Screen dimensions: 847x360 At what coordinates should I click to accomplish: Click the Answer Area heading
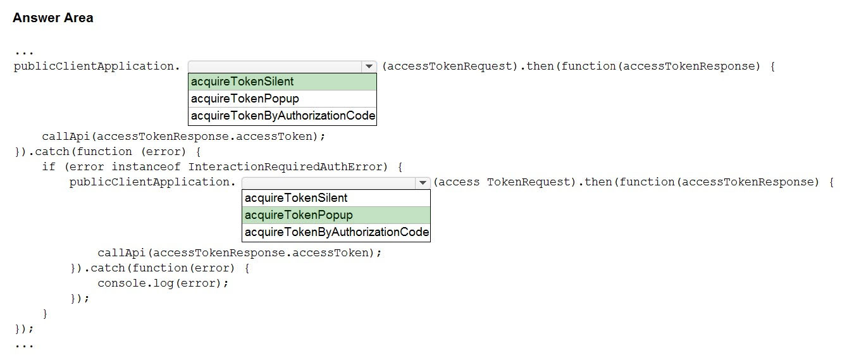pyautogui.click(x=53, y=18)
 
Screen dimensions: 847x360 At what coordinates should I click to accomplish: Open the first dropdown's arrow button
pyautogui.click(x=369, y=66)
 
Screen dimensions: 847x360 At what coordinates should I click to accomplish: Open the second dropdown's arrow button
pyautogui.click(x=423, y=183)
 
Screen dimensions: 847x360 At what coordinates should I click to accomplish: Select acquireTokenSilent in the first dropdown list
pyautogui.click(x=242, y=82)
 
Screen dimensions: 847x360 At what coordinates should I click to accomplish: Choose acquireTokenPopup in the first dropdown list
pyautogui.click(x=245, y=99)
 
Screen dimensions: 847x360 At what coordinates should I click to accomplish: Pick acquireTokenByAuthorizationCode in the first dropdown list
pyautogui.click(x=283, y=116)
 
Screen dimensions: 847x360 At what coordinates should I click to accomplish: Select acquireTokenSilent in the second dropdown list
pyautogui.click(x=296, y=198)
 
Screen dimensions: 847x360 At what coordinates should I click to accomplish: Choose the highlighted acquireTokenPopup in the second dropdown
pyautogui.click(x=299, y=215)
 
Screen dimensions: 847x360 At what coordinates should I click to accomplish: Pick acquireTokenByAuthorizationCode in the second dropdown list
pyautogui.click(x=337, y=232)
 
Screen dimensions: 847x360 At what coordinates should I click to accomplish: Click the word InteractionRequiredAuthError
pyautogui.click(x=285, y=167)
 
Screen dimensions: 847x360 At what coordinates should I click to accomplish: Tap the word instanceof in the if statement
pyautogui.click(x=146, y=167)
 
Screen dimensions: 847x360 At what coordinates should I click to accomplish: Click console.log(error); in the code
pyautogui.click(x=163, y=283)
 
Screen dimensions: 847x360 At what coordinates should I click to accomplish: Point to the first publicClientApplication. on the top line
pyautogui.click(x=97, y=66)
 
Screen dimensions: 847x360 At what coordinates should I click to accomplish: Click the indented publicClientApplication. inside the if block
pyautogui.click(x=152, y=182)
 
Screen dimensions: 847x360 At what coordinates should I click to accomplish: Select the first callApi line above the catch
pyautogui.click(x=183, y=137)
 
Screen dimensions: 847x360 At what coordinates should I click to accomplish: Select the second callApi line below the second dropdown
pyautogui.click(x=239, y=253)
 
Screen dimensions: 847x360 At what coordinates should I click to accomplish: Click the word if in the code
pyautogui.click(x=49, y=167)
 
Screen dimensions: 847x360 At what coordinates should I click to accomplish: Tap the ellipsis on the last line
pyautogui.click(x=24, y=345)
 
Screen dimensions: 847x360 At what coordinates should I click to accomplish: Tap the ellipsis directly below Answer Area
pyautogui.click(x=24, y=53)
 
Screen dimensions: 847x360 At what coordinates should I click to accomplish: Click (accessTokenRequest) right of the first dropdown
pyautogui.click(x=450, y=66)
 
